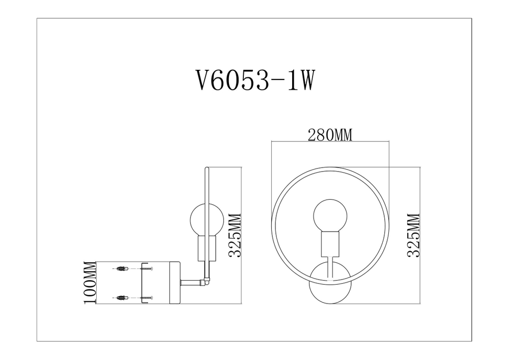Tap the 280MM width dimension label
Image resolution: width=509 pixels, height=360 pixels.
(330, 135)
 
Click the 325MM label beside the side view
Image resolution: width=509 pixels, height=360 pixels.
(235, 235)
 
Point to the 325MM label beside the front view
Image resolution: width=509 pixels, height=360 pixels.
(414, 235)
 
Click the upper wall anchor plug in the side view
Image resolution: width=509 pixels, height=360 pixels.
(121, 268)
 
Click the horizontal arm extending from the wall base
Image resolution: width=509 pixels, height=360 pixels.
(192, 281)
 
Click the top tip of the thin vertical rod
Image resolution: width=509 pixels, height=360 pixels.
(205, 169)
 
